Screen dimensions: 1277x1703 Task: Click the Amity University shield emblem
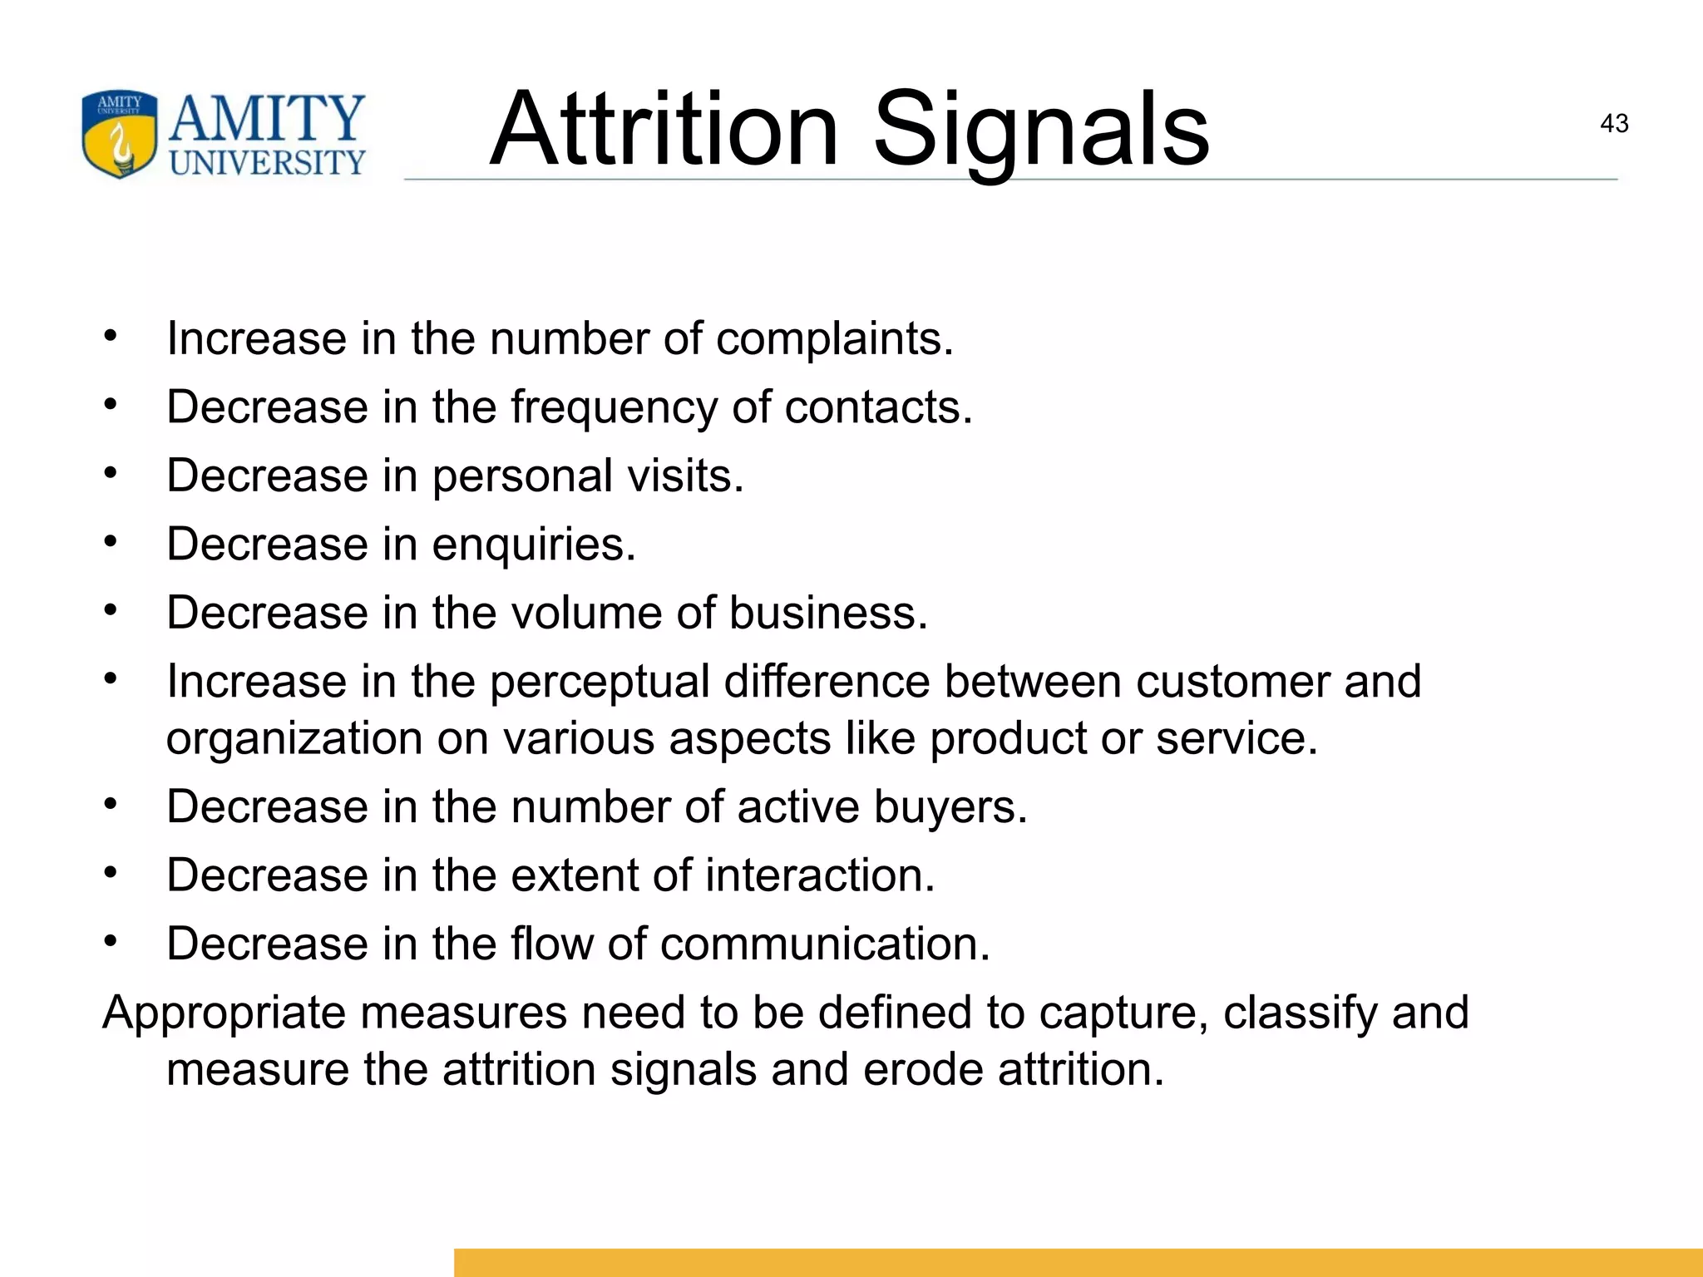(x=119, y=134)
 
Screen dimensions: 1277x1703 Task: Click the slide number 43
(x=1613, y=124)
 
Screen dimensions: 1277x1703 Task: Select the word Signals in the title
(x=1041, y=133)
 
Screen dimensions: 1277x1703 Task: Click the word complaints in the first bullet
(x=834, y=340)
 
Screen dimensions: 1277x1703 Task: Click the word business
(x=827, y=614)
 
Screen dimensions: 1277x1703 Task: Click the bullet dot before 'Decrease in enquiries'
(x=111, y=542)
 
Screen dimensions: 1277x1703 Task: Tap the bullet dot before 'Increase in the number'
(x=111, y=337)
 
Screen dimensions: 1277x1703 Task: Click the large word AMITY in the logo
(x=267, y=119)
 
